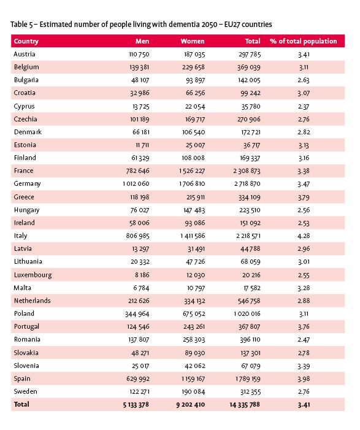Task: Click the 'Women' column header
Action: (193, 41)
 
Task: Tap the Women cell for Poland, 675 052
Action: (191, 313)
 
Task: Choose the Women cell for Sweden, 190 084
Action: (191, 391)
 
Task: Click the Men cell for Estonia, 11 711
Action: (142, 145)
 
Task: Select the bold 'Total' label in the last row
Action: (21, 405)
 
